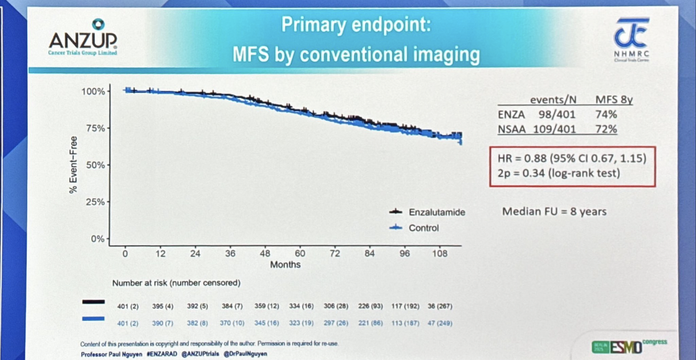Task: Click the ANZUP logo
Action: (83, 37)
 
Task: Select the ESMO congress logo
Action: (629, 346)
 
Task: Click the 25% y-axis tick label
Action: (95, 202)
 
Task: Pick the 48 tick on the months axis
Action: (265, 253)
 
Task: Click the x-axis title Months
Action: (285, 264)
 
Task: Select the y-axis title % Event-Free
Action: (74, 165)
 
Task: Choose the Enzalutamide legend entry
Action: (437, 212)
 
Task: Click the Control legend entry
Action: (423, 228)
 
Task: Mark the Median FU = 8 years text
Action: (554, 211)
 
